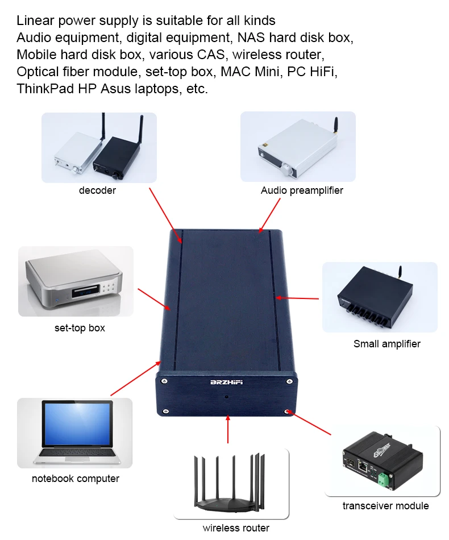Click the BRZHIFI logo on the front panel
click(226, 382)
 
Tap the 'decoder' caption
click(97, 190)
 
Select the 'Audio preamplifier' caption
click(302, 190)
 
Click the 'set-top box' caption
click(80, 328)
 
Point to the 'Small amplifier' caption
click(386, 343)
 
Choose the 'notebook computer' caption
click(76, 479)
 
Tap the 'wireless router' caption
click(236, 528)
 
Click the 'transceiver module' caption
click(385, 506)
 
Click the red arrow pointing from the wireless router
click(227, 429)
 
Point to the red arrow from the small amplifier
click(297, 297)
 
